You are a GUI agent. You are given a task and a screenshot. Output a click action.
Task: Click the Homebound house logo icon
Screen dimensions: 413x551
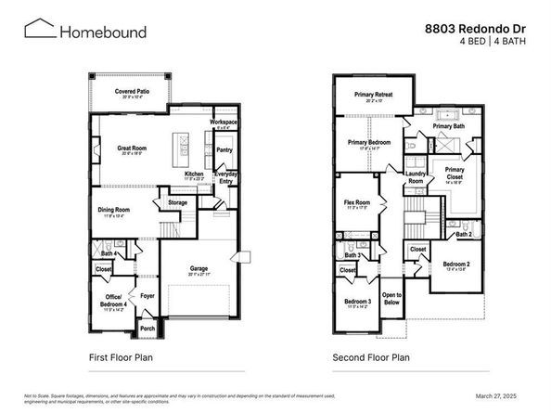38,31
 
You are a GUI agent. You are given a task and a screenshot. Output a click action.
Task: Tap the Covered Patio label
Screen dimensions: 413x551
132,92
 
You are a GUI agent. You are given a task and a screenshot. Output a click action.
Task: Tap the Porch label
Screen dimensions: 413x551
147,328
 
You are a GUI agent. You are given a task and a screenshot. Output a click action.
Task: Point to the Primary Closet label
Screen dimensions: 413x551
455,174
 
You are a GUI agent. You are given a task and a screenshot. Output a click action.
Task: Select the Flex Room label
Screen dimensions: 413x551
357,202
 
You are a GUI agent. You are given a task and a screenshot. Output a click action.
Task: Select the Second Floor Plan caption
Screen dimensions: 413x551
371,356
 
